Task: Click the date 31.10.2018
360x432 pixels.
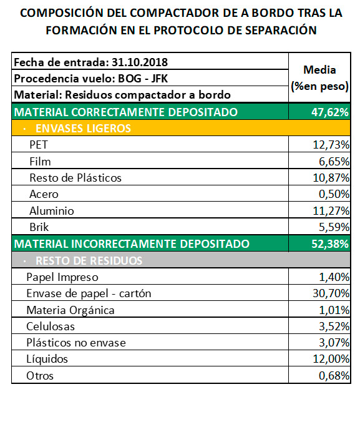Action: tap(139, 62)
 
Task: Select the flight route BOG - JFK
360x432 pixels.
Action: tap(143, 79)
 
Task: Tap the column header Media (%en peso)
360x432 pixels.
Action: tap(319, 78)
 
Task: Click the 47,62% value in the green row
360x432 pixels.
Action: tap(330, 112)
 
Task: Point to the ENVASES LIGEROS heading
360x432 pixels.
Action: tap(83, 129)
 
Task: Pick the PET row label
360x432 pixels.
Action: tap(39, 145)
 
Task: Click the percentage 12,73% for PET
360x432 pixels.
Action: tap(331, 145)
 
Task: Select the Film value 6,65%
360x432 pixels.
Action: tap(334, 162)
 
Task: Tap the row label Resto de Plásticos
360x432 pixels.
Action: tap(75, 178)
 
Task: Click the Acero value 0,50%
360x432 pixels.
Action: tap(334, 194)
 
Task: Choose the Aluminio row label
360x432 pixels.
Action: tap(52, 211)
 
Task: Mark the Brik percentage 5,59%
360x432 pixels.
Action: tap(334, 227)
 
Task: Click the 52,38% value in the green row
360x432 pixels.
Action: tap(330, 244)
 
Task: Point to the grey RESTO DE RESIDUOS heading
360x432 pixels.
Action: tap(89, 260)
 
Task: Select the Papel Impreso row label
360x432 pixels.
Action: tap(62, 277)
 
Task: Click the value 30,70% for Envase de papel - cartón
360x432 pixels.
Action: tap(331, 293)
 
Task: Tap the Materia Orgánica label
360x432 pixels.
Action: tap(71, 310)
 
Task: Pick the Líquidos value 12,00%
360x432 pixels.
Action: tap(331, 359)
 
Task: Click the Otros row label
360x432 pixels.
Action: tap(40, 376)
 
